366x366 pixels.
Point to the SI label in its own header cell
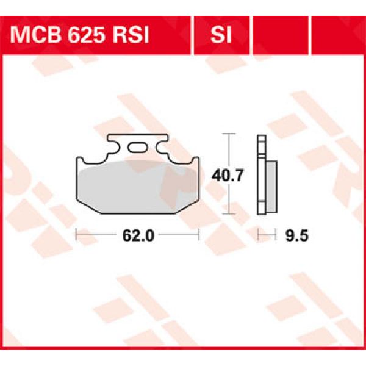(221, 35)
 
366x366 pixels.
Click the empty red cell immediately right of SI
(279, 35)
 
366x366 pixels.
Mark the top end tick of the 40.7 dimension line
(228, 133)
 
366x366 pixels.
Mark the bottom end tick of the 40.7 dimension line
(228, 214)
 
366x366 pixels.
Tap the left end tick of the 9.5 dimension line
(257, 234)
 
